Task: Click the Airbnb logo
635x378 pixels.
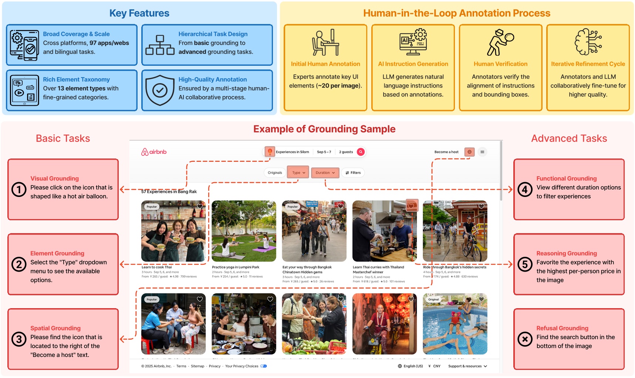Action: coord(154,152)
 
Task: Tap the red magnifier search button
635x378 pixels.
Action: coord(361,152)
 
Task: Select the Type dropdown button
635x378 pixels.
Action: coord(298,173)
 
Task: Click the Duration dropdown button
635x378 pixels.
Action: coord(325,173)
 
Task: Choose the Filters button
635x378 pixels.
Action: coord(353,173)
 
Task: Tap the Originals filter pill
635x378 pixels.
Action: coord(275,173)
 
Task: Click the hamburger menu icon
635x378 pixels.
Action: coord(482,152)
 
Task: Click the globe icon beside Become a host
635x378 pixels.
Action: coord(470,152)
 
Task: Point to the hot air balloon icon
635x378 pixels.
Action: coord(270,151)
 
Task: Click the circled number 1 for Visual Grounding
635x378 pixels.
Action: coord(19,190)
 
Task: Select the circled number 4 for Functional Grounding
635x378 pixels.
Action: coord(525,190)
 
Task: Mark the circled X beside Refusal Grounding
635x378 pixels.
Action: coord(525,339)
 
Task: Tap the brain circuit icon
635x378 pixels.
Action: coord(588,42)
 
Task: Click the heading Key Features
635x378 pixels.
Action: coord(139,13)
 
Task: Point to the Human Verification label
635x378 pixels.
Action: coord(500,64)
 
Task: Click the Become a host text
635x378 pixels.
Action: coord(446,152)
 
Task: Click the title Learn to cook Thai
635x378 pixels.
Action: coord(157,267)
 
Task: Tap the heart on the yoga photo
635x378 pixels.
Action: coord(270,206)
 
